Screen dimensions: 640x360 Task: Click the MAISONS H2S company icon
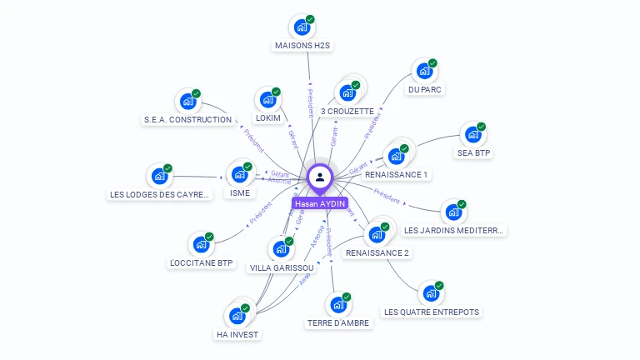(302, 27)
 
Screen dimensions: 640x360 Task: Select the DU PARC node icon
(424, 72)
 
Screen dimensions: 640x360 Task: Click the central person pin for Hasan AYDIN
(320, 177)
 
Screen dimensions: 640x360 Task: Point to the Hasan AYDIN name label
(320, 203)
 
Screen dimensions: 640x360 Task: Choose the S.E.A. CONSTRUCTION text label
(187, 119)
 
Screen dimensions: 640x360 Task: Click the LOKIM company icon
(268, 100)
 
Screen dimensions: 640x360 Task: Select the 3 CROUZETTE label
(347, 111)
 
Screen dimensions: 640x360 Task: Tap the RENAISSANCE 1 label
(397, 175)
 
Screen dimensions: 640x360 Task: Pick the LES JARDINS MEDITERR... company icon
(453, 213)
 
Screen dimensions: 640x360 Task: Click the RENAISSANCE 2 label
(377, 252)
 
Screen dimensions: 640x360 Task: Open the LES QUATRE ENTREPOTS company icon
(431, 294)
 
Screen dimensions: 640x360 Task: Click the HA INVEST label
(237, 334)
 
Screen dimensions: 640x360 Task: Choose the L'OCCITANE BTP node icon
(201, 245)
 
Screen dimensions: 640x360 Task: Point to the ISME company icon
(240, 175)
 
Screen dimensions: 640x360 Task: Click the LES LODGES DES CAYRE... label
(160, 194)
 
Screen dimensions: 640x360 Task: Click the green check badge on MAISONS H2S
(310, 19)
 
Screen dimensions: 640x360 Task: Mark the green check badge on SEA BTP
(482, 127)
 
